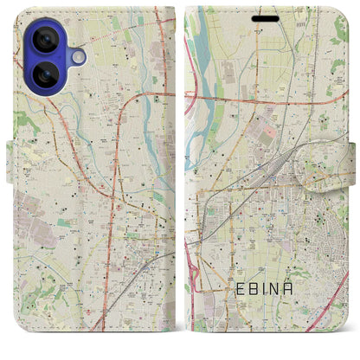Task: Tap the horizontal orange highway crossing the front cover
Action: click(260, 98)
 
